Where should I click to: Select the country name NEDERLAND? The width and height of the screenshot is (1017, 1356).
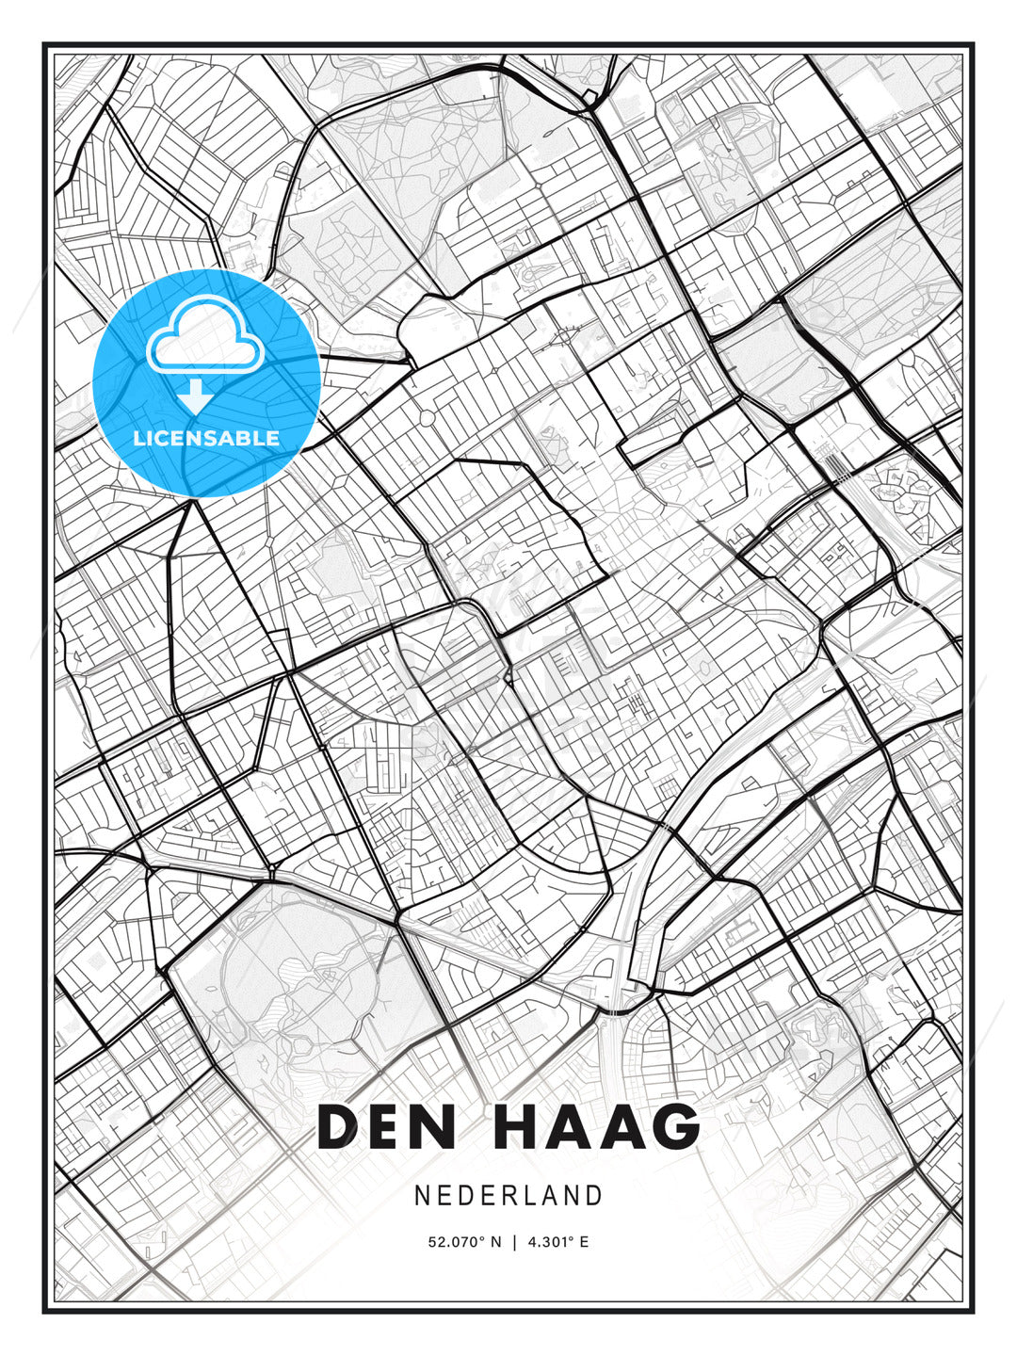tap(508, 1196)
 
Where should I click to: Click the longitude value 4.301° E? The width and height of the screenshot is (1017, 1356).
tap(558, 1242)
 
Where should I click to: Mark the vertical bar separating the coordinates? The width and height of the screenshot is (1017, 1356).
tap(514, 1242)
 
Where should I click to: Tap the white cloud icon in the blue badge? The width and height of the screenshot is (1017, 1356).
tap(203, 336)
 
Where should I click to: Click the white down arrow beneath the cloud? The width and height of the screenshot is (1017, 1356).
tap(195, 396)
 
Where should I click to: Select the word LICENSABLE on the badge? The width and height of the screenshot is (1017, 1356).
tap(206, 439)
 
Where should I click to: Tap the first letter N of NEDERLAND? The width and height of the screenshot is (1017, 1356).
tap(422, 1196)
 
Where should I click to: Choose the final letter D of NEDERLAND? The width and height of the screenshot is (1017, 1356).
tap(594, 1196)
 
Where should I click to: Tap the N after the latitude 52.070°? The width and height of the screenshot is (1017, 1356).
tap(497, 1242)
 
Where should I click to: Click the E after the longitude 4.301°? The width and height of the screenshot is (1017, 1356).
tap(585, 1242)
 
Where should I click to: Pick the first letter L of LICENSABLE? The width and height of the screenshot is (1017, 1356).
tap(138, 439)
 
